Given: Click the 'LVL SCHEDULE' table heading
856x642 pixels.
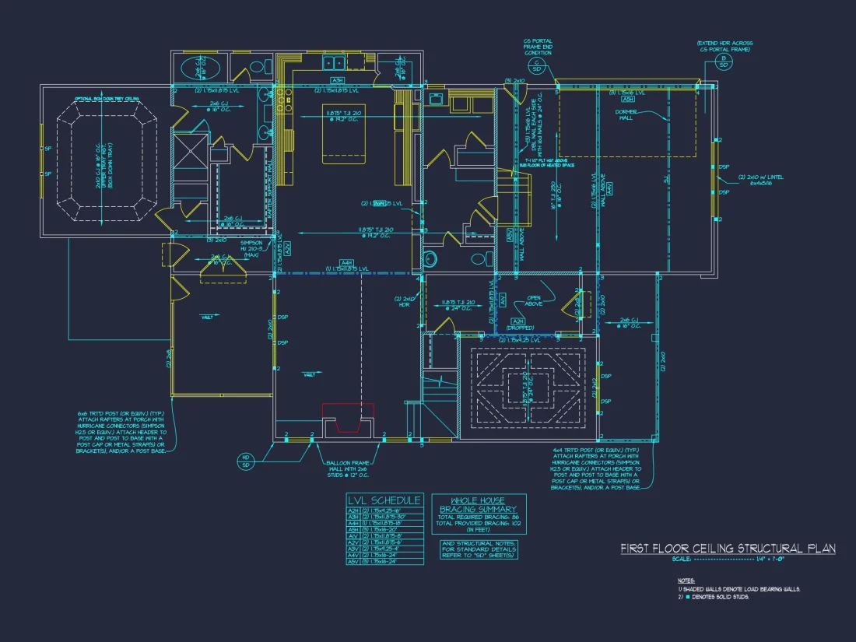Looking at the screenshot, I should coord(384,500).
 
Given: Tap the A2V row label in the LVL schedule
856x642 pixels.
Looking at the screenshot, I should coord(353,542).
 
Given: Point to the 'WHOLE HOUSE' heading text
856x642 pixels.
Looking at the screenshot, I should coord(478,500).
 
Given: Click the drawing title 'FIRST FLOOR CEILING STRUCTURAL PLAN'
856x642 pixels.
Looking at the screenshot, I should coord(728,549).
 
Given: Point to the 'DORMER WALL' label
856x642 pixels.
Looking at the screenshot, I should coord(626,114).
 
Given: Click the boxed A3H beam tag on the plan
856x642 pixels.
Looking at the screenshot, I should coord(337,80).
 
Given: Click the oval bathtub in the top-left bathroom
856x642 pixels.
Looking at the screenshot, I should coord(199,68).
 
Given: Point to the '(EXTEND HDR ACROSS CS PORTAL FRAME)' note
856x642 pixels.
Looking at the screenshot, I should coord(724,46).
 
